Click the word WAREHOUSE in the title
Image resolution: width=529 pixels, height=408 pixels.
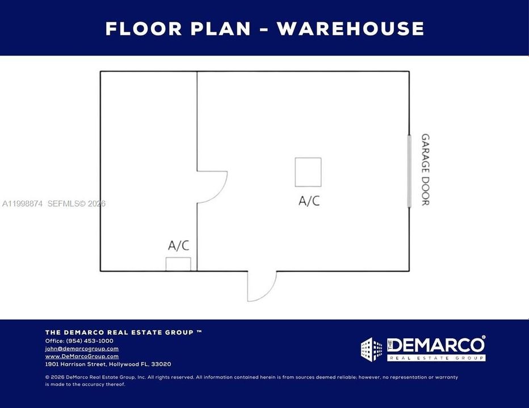pos(351,28)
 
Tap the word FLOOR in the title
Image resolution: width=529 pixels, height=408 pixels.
pos(144,28)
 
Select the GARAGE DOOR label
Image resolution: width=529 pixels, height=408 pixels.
pos(425,169)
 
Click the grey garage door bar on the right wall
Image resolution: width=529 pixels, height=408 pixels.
pos(409,171)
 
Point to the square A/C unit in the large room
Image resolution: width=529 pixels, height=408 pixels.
pos(308,172)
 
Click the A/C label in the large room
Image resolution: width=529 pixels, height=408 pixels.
pos(309,201)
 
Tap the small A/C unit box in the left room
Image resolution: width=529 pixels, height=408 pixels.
pos(178,264)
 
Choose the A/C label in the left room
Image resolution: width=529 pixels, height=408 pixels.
pos(178,245)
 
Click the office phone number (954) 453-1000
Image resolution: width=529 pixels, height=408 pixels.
pos(90,341)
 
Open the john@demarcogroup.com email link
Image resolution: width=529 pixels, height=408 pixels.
pos(82,348)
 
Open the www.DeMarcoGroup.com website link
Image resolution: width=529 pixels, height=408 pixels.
pos(82,356)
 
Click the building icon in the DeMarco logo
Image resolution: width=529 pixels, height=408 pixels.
pos(371,350)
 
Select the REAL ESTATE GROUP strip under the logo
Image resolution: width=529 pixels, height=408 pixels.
pos(436,358)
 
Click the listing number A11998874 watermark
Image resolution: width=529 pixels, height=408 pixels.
pos(22,203)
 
